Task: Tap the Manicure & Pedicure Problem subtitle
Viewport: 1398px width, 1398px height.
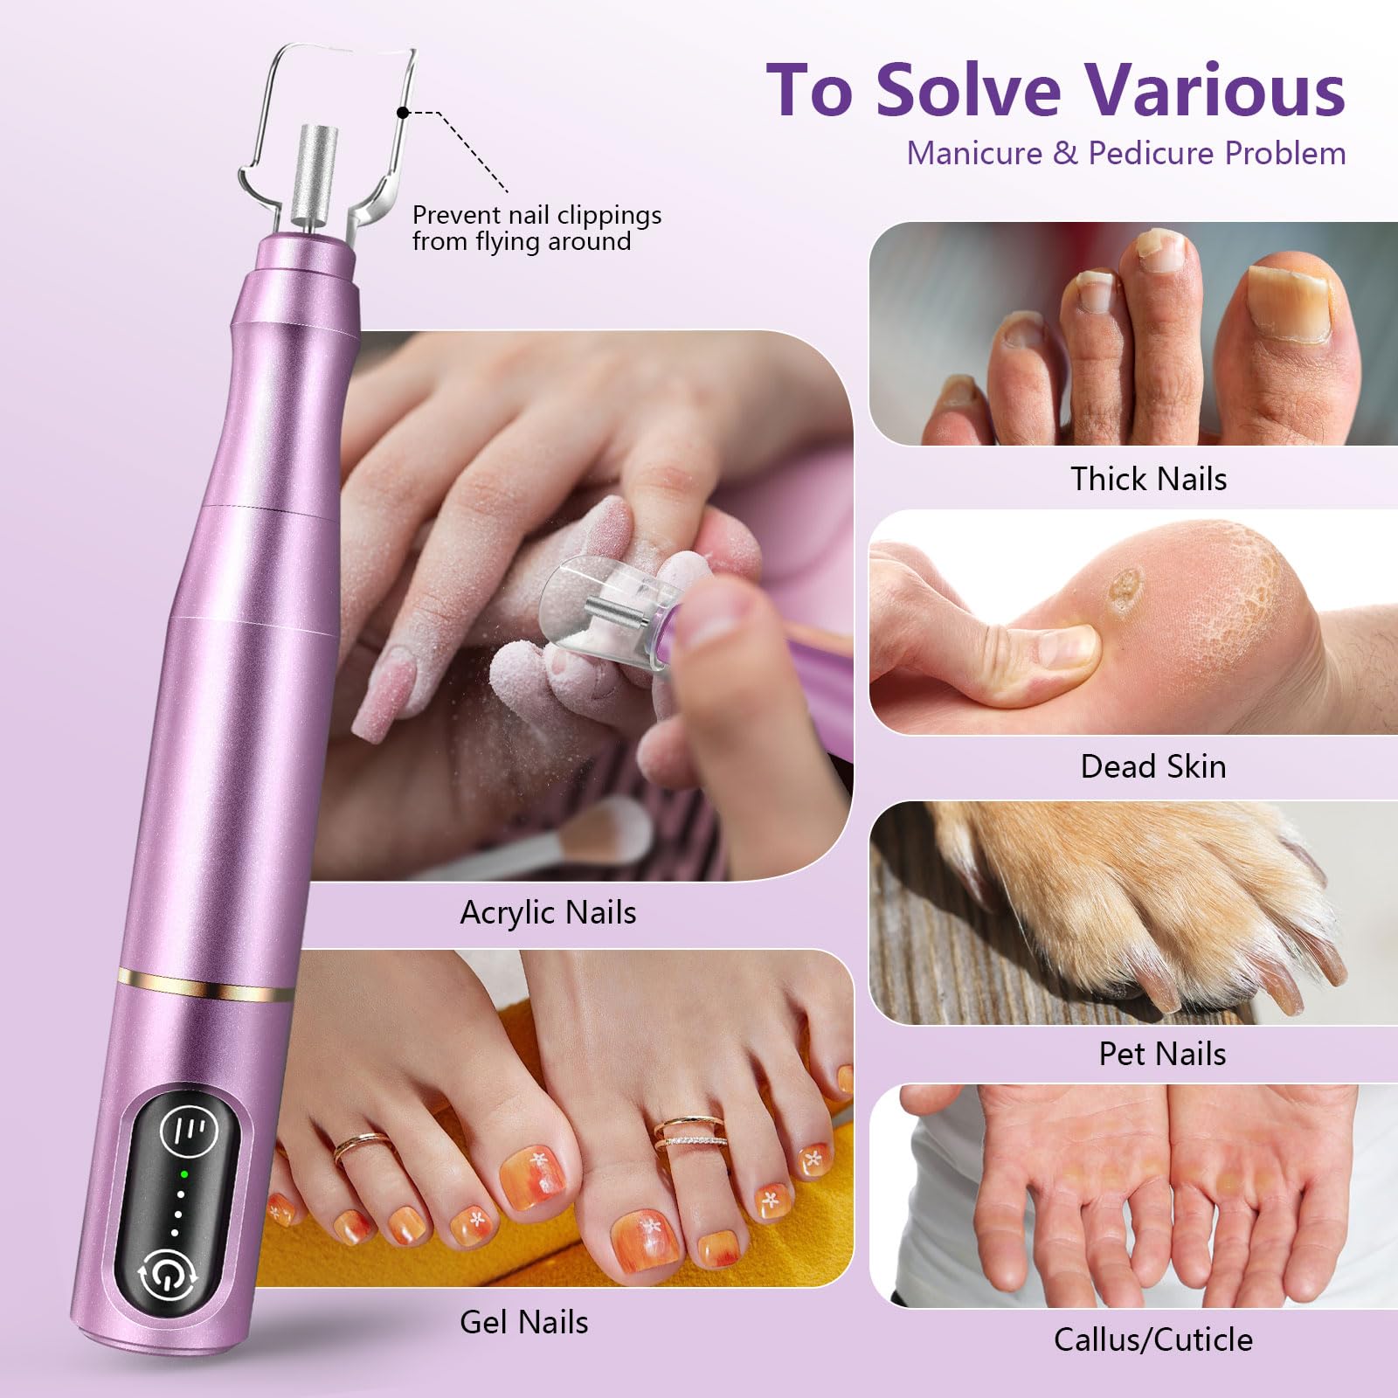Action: pos(1125,154)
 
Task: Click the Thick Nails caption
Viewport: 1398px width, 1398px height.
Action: pos(1148,479)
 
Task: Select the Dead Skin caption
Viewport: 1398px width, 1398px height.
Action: pos(1152,766)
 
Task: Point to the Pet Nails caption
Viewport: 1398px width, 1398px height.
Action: pos(1161,1054)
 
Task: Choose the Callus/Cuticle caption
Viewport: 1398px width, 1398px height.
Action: pos(1152,1339)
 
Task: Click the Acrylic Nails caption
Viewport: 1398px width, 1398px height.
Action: pos(548,912)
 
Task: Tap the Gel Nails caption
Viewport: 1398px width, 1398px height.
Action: pos(523,1322)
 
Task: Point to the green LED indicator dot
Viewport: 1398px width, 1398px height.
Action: pos(184,1174)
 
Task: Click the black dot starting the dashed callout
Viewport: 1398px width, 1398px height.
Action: pos(403,113)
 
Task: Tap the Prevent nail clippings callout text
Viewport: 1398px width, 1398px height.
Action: pos(536,228)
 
